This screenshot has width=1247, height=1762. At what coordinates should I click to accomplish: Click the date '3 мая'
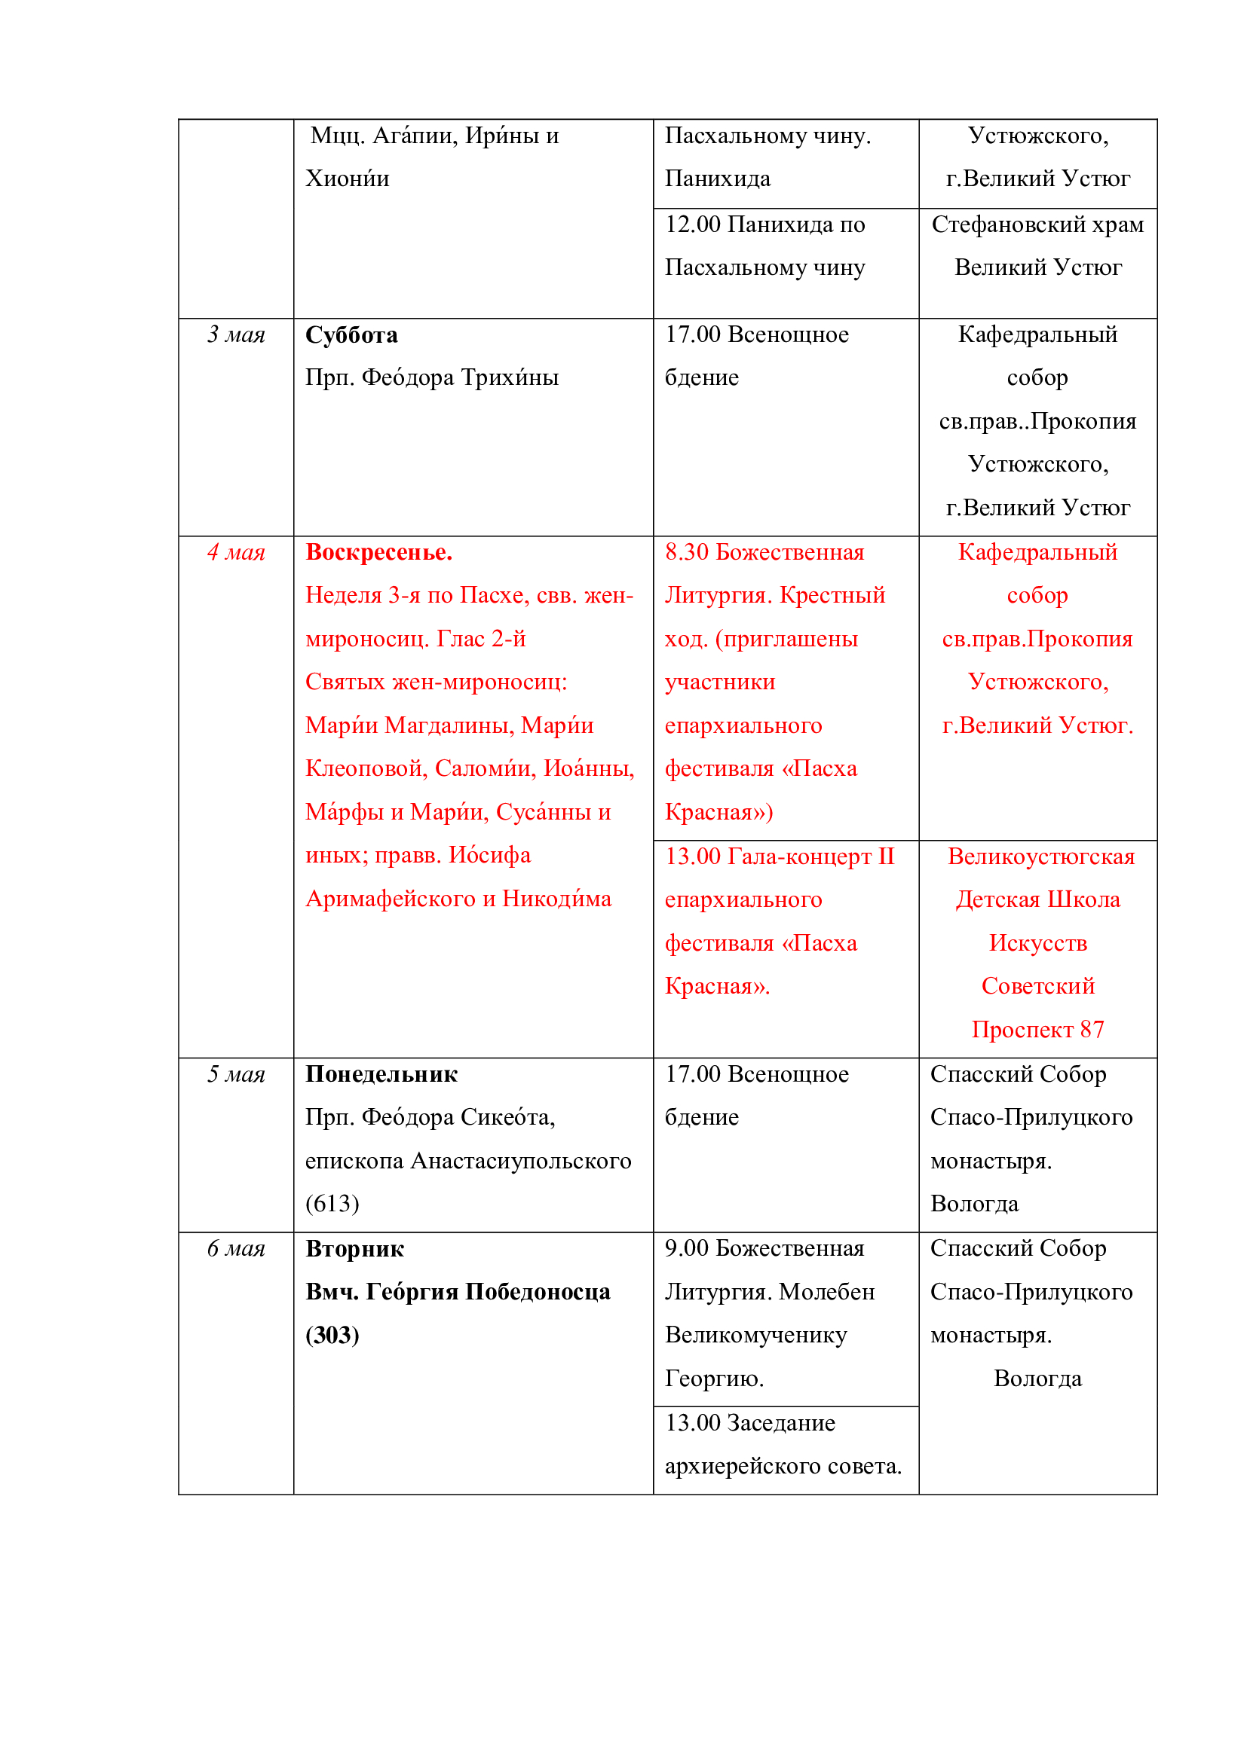click(x=236, y=334)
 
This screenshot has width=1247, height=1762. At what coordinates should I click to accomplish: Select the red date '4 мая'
click(x=236, y=552)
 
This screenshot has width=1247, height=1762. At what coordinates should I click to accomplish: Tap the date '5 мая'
click(x=236, y=1074)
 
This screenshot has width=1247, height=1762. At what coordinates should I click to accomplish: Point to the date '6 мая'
click(x=236, y=1248)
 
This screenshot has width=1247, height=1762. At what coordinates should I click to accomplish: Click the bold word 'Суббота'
click(x=351, y=334)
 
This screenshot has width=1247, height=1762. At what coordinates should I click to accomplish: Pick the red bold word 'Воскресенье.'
click(x=378, y=552)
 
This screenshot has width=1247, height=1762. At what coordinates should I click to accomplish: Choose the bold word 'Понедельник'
click(x=381, y=1074)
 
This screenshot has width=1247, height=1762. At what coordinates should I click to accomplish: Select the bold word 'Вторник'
click(x=354, y=1248)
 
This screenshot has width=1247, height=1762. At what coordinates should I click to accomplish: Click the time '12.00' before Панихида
click(x=693, y=224)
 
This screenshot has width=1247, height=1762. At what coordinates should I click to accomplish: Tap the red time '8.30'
click(x=687, y=552)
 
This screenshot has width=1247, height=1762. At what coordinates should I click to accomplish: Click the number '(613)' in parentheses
click(x=332, y=1203)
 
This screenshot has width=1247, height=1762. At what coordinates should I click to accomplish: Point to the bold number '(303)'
click(x=332, y=1336)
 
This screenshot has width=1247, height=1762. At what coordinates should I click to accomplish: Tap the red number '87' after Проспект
click(x=1091, y=1030)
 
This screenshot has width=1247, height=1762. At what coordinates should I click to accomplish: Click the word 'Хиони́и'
click(x=347, y=179)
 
